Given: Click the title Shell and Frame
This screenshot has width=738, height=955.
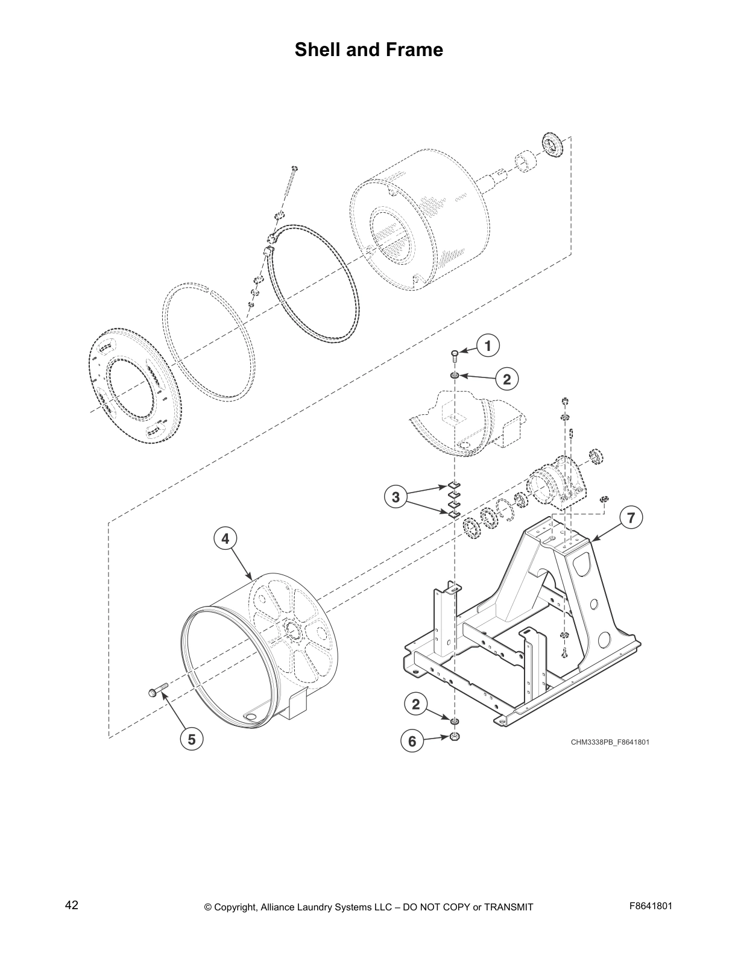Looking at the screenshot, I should point(368,49).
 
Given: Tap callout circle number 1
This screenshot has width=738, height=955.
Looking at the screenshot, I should point(488,345).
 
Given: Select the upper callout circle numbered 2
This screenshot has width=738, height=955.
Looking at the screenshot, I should point(506,379).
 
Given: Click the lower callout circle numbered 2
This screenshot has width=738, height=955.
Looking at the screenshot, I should point(416,704).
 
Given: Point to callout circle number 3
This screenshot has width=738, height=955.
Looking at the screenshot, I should point(395,497).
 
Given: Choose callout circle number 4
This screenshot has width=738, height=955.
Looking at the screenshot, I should point(225,538).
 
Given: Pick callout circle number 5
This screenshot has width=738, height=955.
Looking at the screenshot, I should point(191,739).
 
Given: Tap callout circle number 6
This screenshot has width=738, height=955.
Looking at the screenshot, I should point(412,741).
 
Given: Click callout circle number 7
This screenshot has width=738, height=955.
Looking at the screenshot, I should point(631,517).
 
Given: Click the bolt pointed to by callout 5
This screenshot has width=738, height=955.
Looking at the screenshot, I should point(155,692).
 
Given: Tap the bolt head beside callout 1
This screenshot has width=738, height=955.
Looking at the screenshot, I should point(455,353).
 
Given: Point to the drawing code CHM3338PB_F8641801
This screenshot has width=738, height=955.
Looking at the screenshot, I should point(610,742).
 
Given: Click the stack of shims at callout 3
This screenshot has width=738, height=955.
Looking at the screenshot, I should point(453,499).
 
